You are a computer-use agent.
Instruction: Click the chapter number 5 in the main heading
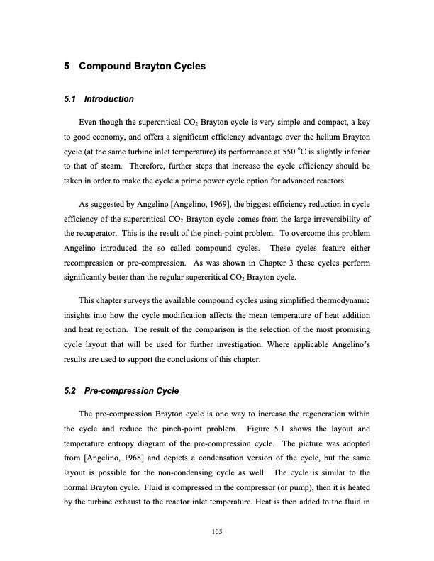67,67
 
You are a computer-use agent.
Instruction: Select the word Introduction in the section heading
111,98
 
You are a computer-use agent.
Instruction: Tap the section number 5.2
70,390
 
